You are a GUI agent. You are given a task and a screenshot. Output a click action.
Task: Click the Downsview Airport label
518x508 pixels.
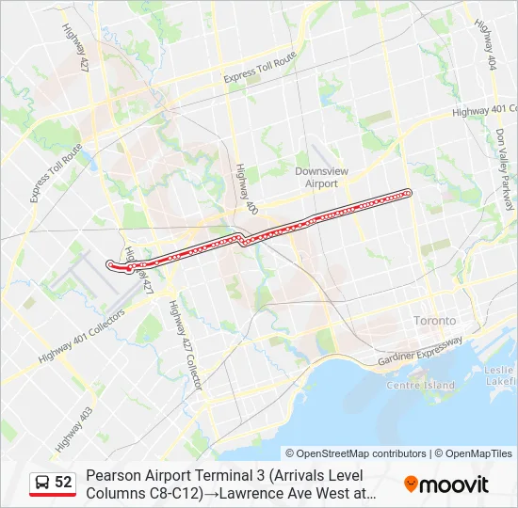(322, 177)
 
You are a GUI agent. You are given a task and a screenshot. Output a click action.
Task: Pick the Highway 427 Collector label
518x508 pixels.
(185, 345)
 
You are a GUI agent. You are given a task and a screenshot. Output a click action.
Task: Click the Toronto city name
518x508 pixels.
(435, 321)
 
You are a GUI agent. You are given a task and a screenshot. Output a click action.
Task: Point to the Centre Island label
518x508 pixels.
(420, 385)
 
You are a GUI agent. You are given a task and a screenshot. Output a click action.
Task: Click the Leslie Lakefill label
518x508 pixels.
(500, 375)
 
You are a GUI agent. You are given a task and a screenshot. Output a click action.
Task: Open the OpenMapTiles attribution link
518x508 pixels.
(478, 453)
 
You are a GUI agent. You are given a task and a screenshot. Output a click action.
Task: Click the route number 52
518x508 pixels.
(63, 483)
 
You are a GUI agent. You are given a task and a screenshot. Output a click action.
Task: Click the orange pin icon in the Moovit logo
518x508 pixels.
(411, 484)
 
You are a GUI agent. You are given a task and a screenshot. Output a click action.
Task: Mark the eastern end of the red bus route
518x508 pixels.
(409, 193)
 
